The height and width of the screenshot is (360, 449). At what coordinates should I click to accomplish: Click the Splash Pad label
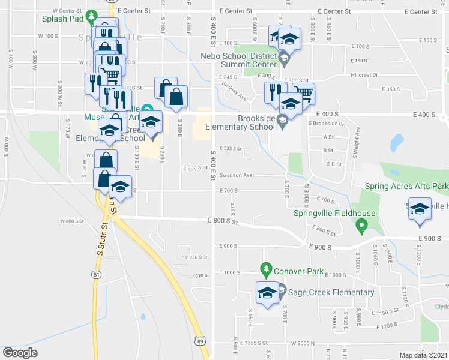(x=62, y=19)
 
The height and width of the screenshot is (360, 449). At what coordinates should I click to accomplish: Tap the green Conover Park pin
(x=265, y=268)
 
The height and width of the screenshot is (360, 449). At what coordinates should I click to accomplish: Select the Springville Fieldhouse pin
(x=361, y=227)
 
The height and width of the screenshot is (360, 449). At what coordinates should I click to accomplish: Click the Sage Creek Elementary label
(x=331, y=293)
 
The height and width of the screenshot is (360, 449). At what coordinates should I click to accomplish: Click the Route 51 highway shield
(x=96, y=274)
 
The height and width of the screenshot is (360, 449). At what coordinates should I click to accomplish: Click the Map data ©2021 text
(x=423, y=355)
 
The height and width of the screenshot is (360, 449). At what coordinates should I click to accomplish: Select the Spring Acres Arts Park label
(x=406, y=187)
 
